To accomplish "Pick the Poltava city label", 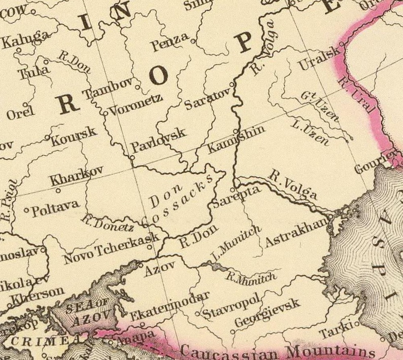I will pyautogui.click(x=55, y=207).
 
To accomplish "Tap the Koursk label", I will pyautogui.click(x=73, y=136).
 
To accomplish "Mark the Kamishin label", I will pyautogui.click(x=237, y=139).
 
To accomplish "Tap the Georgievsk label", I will pyautogui.click(x=267, y=313).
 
